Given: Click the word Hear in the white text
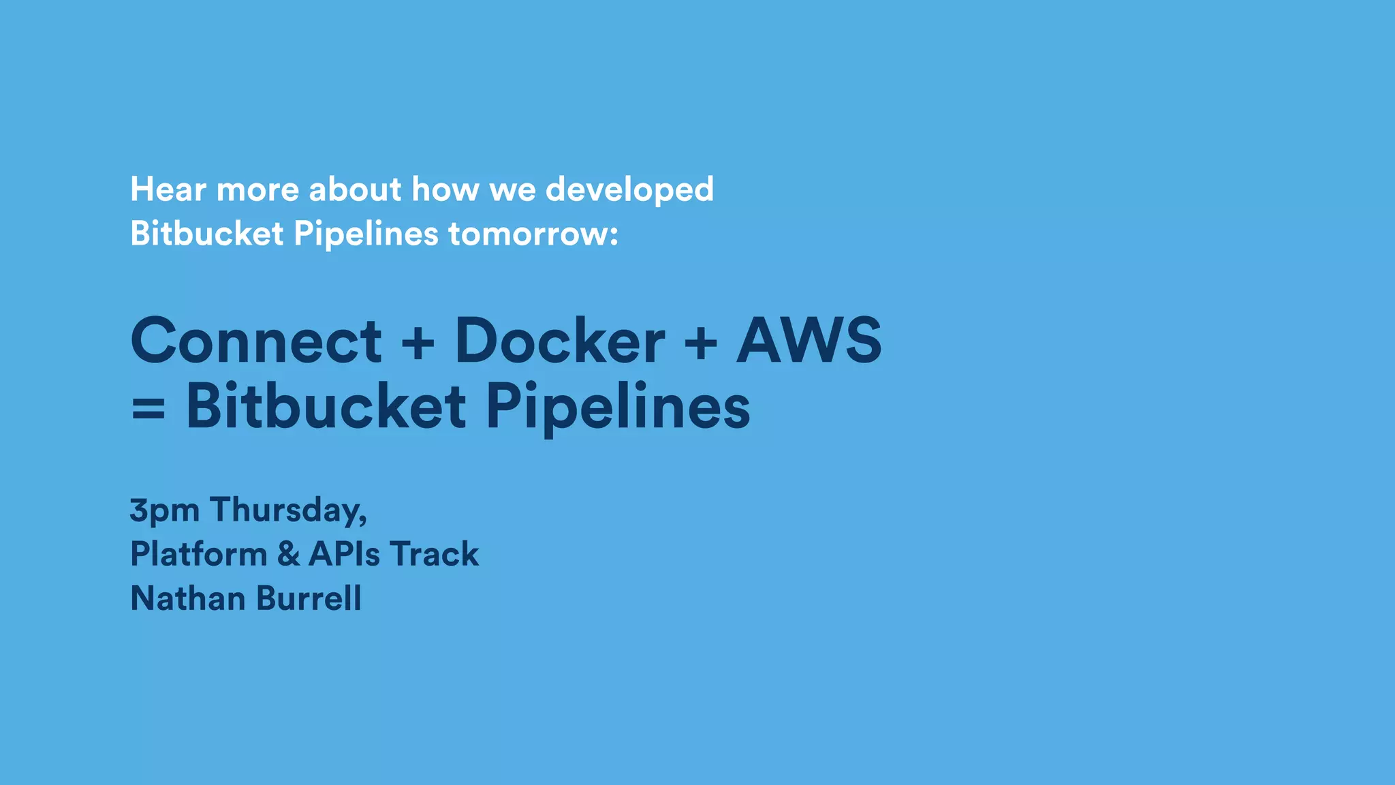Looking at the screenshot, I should pyautogui.click(x=168, y=189).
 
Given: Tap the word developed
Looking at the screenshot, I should pyautogui.click(x=629, y=189).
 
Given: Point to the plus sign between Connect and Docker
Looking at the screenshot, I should pyautogui.click(x=418, y=342).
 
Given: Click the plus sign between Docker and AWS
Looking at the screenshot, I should pyautogui.click(x=700, y=342).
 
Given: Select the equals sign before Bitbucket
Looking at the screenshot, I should pyautogui.click(x=148, y=410).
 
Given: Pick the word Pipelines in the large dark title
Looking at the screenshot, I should pyautogui.click(x=618, y=407).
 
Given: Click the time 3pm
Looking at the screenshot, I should pyautogui.click(x=164, y=510).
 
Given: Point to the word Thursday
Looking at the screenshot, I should pyautogui.click(x=288, y=510).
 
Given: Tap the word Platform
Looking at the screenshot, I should pyautogui.click(x=198, y=553).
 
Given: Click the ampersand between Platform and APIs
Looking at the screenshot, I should pyautogui.click(x=288, y=553).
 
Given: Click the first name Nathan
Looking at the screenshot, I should pyautogui.click(x=188, y=598).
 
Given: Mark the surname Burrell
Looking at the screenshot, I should pyautogui.click(x=309, y=598).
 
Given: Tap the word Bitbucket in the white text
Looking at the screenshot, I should pyautogui.click(x=206, y=234).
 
